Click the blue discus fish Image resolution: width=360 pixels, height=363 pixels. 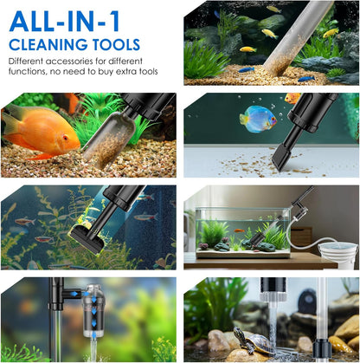(257, 119)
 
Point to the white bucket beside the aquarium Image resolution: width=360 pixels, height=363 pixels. (338, 255)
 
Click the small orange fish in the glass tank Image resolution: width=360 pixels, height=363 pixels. (239, 230)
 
